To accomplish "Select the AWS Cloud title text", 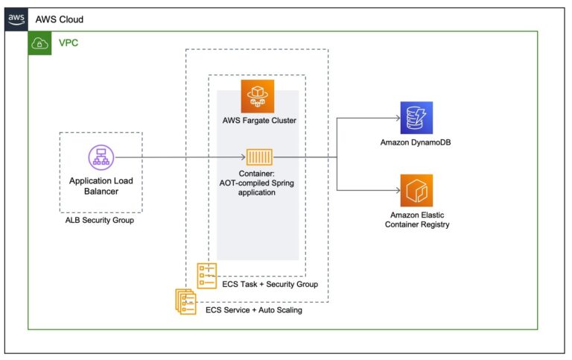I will click(x=60, y=19).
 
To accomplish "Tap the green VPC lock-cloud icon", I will click(x=39, y=43).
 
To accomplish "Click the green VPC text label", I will click(x=69, y=43).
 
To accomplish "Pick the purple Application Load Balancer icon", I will click(x=99, y=157).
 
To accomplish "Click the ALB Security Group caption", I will click(x=100, y=221).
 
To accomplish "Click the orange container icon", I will click(x=258, y=157).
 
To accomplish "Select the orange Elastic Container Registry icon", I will click(x=416, y=191).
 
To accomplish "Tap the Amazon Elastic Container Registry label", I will click(x=416, y=218).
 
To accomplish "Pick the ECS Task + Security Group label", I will click(x=270, y=284).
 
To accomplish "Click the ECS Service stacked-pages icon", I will click(x=185, y=301).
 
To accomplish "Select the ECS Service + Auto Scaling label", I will click(x=254, y=310).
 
